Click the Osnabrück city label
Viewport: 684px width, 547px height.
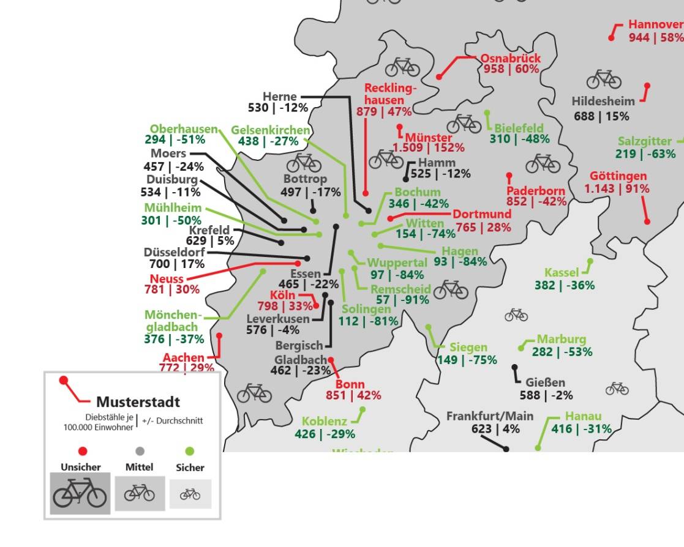coord(510,58)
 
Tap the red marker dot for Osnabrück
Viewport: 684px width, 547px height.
coord(439,76)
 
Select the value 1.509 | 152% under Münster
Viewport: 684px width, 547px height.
coord(428,147)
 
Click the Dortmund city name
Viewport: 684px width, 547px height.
coord(482,214)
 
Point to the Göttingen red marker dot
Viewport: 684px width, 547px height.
coord(647,221)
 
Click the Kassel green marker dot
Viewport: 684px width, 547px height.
coord(590,261)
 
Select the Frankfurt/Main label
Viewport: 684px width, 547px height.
coord(489,416)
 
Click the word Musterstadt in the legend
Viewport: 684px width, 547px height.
coord(138,402)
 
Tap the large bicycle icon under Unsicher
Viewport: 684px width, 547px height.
coord(80,493)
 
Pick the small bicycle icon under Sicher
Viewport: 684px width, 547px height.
coord(190,494)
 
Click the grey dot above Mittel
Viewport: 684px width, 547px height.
coord(140,452)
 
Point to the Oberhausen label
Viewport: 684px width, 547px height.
coord(184,129)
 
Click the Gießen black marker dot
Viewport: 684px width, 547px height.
coord(514,368)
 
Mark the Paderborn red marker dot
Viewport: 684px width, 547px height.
coord(509,176)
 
